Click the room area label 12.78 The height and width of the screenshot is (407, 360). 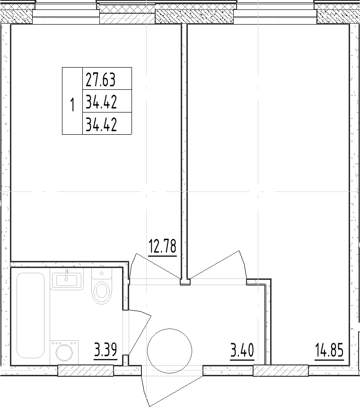coord(162,246)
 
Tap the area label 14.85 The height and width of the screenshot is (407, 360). coord(329,350)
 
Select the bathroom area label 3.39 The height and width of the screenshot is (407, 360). coord(105,350)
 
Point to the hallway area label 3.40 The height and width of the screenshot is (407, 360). coord(242,350)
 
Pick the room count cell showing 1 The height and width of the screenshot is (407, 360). coord(72,104)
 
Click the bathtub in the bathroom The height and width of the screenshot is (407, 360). coord(30,315)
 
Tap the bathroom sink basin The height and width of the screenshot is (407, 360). coord(67,280)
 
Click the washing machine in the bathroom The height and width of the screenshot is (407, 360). coord(64,352)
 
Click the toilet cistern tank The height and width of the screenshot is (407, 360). coord(102,275)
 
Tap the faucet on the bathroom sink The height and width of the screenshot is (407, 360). coord(67,275)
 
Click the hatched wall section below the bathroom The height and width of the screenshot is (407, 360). coord(86,371)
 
